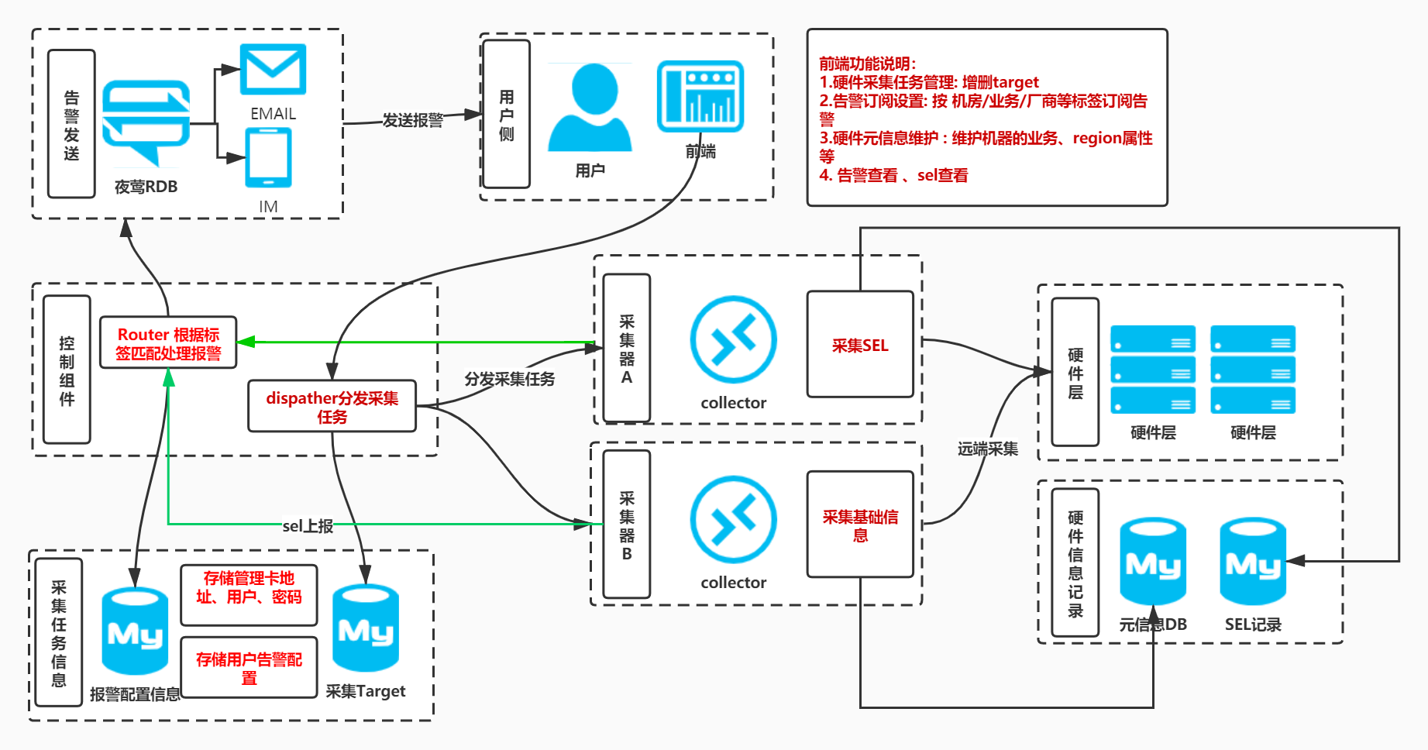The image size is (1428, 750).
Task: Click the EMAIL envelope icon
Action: pos(273,70)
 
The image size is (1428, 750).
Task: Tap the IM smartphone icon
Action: pos(268,158)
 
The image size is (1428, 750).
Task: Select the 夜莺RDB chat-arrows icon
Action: pos(146,122)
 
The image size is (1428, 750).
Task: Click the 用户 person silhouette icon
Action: pos(590,108)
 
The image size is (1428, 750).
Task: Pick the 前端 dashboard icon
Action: pos(700,97)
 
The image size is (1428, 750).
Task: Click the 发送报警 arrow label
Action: pos(413,120)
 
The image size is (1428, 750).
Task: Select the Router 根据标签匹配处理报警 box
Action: pos(168,343)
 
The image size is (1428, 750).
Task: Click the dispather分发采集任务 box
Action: pos(332,407)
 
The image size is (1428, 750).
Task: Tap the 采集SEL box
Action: pos(860,345)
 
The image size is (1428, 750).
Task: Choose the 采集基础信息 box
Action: pos(860,525)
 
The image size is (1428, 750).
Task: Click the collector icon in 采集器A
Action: pos(733,339)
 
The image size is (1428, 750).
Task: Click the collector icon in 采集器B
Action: pos(733,519)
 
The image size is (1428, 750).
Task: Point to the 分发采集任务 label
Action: pos(510,379)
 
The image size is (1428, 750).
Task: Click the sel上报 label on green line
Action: pos(308,526)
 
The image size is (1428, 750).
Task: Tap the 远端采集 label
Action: pos(987,449)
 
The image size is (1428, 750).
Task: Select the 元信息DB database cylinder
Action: pos(1153,562)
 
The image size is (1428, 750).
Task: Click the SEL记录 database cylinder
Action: pos(1252,562)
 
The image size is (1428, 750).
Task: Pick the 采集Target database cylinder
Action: pos(366,628)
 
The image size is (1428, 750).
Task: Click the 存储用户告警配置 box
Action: pos(249,668)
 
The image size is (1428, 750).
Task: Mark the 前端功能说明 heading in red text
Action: pos(867,64)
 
